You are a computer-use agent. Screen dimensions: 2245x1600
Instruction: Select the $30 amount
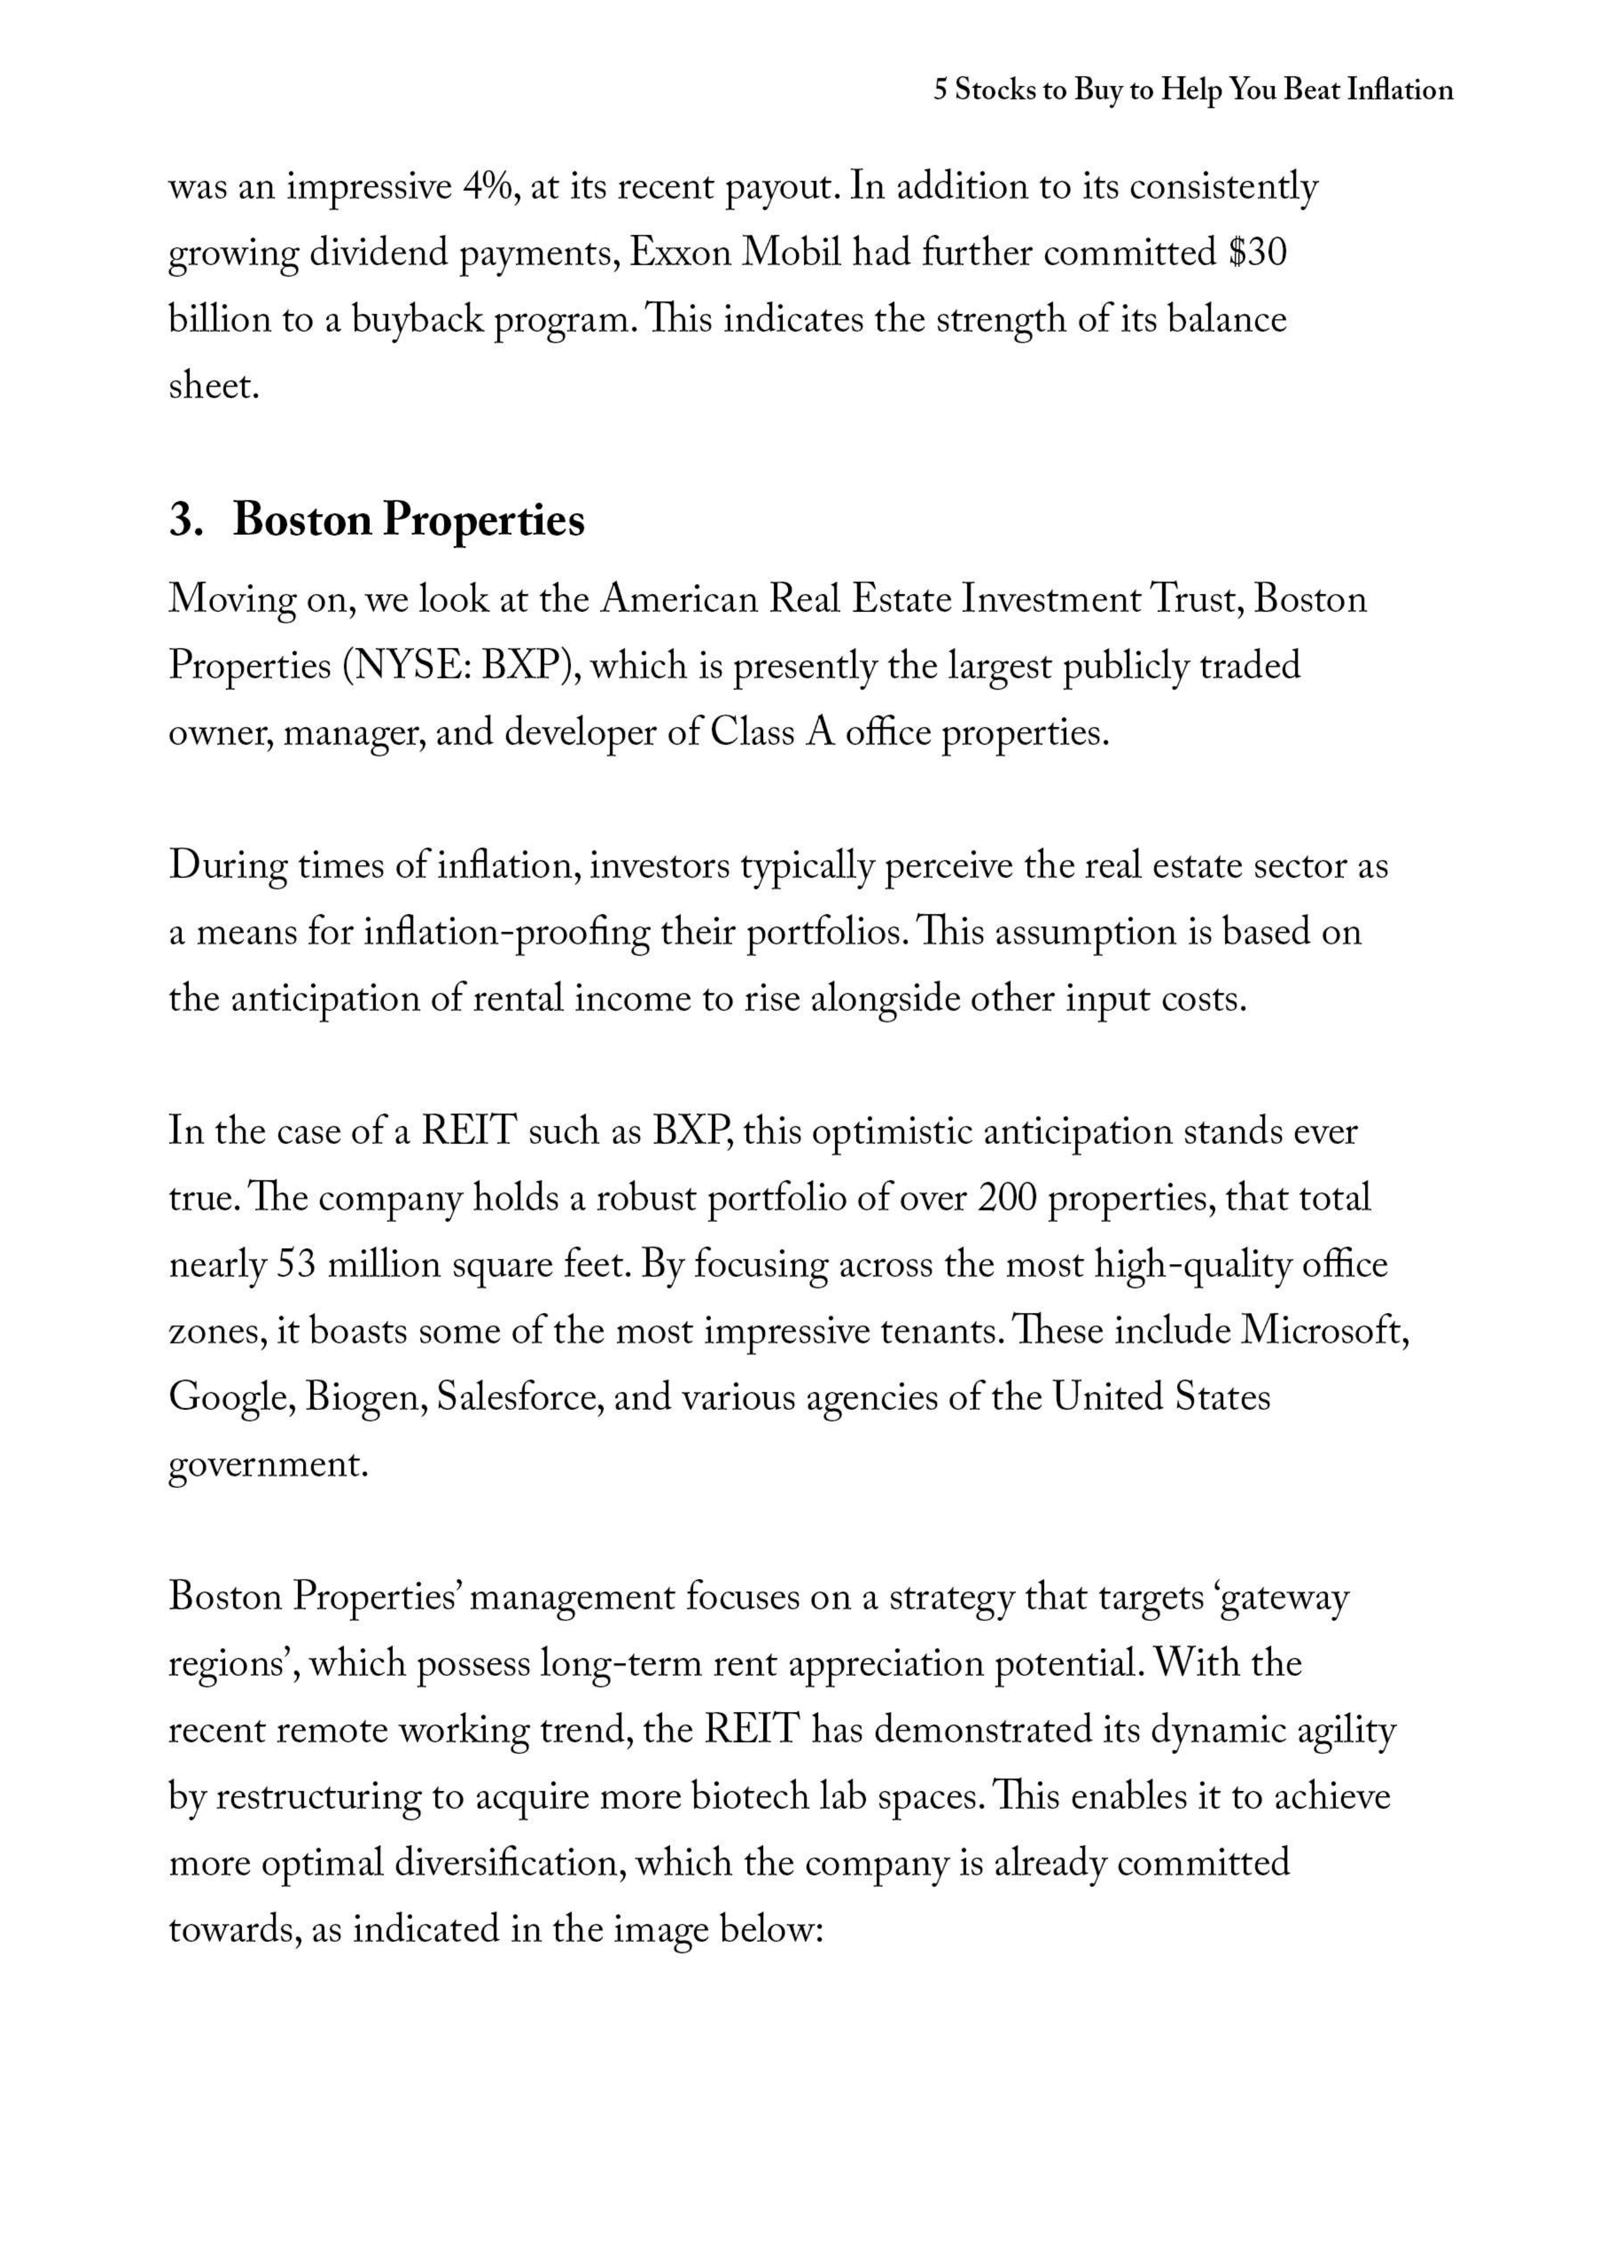pos(1257,254)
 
